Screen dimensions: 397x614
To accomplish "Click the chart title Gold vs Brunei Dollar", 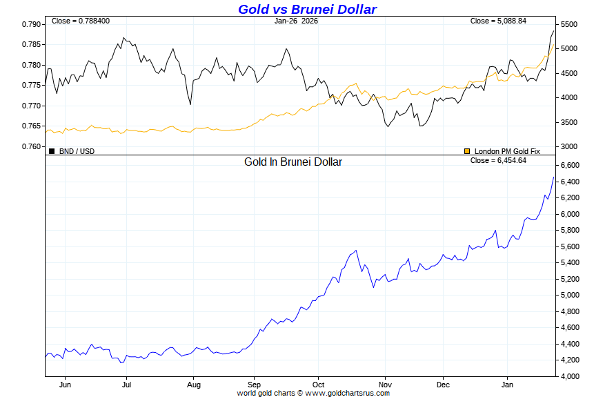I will (x=307, y=9).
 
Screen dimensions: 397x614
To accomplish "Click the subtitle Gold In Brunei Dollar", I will (x=293, y=162).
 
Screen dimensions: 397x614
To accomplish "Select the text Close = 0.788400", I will (x=79, y=21).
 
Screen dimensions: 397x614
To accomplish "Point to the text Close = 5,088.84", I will (x=498, y=21).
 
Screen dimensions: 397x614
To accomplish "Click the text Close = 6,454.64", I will (x=498, y=160).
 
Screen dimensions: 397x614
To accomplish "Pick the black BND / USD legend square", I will (x=52, y=151).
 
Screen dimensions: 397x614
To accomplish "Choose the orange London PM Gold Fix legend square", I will (x=467, y=151).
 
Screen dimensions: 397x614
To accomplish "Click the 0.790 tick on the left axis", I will (x=32, y=24).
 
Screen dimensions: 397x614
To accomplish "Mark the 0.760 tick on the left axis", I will (x=32, y=146).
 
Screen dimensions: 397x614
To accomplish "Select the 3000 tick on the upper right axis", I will (x=568, y=146).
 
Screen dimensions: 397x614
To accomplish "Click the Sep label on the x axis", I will (x=254, y=385).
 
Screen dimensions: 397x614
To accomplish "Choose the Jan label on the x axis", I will (x=508, y=385).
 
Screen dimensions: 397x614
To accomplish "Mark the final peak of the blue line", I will (x=554, y=177).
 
